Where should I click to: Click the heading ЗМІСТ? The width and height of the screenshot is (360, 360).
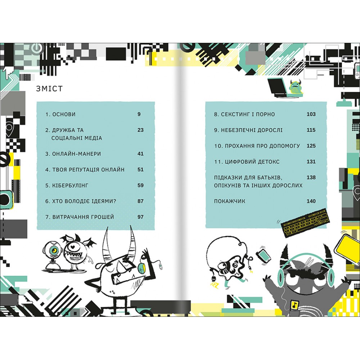pos(49,89)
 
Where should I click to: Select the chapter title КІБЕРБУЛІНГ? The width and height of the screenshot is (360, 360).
pos(67,185)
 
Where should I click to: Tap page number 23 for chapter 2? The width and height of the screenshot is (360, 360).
pos(140,130)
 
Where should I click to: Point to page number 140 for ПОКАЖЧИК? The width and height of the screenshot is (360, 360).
pos(311,201)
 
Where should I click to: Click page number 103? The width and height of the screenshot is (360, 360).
pos(311,114)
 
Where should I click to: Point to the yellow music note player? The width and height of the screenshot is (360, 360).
pos(294,305)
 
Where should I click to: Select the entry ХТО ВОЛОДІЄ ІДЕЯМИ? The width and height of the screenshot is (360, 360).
pos(81,201)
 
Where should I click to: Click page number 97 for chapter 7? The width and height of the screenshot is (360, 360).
pos(140,217)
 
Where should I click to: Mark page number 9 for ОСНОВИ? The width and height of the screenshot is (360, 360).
pos(139,114)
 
